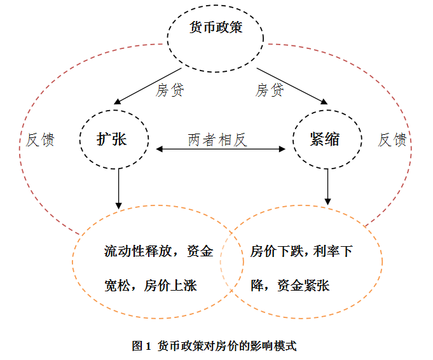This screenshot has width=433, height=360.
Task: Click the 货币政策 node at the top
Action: tap(216, 29)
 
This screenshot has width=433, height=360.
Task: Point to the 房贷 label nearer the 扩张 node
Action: tap(170, 90)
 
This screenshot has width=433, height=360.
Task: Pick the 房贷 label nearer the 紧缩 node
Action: tap(270, 90)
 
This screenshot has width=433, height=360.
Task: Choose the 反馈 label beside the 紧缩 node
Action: tap(392, 140)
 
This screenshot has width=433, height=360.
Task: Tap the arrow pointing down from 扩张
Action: tap(118, 188)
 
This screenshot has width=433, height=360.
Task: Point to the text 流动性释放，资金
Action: tap(158, 251)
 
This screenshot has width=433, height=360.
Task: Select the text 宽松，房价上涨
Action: tap(150, 286)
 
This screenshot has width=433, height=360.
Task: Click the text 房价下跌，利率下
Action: tap(301, 251)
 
